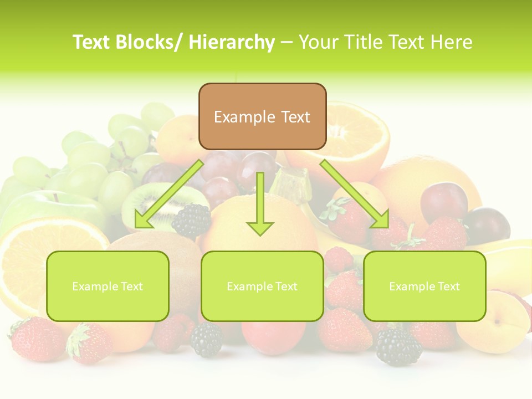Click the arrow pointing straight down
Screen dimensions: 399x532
click(260, 205)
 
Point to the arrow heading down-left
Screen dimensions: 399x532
click(166, 194)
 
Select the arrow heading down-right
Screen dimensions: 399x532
click(355, 194)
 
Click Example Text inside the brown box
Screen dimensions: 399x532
click(262, 117)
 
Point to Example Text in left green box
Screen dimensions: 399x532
click(108, 287)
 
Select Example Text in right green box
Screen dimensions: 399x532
click(424, 287)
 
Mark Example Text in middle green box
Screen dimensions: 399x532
click(262, 287)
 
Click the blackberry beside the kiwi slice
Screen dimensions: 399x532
click(192, 220)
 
